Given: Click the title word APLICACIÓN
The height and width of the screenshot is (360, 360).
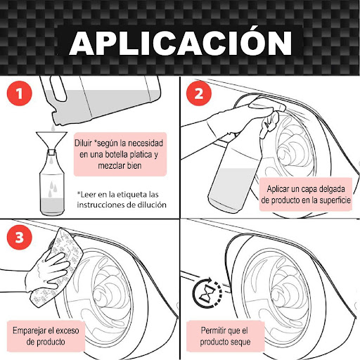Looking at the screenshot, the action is pos(181,43).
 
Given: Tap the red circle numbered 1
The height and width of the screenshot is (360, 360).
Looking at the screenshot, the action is pos(19,94).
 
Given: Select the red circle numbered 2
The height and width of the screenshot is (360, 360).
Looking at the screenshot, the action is pos(199,94).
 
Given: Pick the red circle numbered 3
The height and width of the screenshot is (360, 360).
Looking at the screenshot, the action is pos(19,237).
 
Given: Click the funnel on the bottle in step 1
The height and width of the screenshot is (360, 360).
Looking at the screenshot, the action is pos(51,142).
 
